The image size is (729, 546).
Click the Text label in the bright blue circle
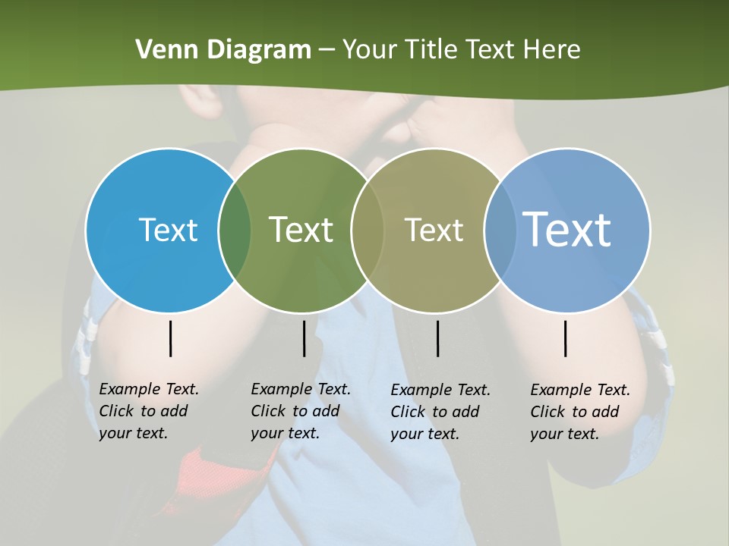[x=168, y=230]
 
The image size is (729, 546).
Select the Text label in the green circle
[x=301, y=230]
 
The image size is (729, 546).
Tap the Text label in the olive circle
[x=434, y=230]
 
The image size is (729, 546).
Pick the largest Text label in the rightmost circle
[x=567, y=229]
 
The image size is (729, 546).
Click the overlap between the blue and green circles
[x=235, y=230]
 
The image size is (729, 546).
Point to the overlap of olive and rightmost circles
[x=500, y=230]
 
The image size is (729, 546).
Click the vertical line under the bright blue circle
[x=171, y=338]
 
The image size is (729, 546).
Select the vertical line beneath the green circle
[x=304, y=338]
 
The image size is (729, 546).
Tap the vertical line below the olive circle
[x=437, y=338]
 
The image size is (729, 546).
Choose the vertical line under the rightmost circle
[x=566, y=338]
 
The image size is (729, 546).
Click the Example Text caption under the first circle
[x=148, y=411]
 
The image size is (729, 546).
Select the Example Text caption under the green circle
[x=300, y=411]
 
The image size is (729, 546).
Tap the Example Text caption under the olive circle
[x=440, y=412]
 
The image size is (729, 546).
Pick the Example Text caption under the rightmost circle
[x=579, y=412]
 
